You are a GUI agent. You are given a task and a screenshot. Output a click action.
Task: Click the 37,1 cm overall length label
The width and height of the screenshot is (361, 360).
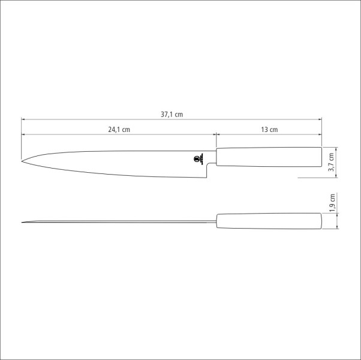pos(172,114)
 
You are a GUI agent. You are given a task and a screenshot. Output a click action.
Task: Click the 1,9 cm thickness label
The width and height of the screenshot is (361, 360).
pos(332,203)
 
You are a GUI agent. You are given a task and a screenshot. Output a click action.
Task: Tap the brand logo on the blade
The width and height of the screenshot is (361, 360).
pos(198,159)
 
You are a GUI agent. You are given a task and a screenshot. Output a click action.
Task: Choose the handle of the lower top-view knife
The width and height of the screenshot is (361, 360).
pos(269,221)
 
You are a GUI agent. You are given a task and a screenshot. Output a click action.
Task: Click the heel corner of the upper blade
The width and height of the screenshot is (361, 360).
pos(208,178)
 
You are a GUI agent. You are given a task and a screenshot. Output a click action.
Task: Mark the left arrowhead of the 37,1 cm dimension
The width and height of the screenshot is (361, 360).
pos(24,119)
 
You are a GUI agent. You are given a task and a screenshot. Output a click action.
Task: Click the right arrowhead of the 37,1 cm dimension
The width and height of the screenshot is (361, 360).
pos(320,119)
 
